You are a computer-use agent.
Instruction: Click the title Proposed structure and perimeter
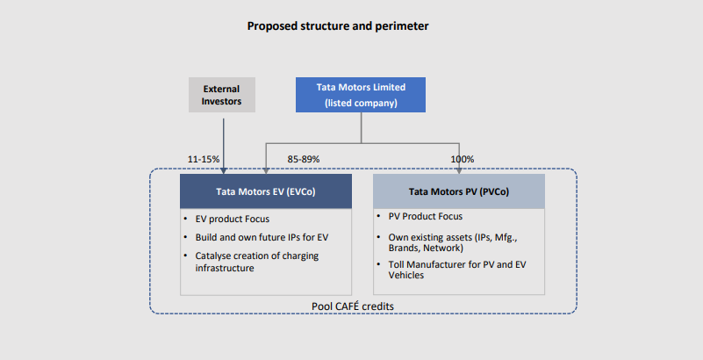click(338, 26)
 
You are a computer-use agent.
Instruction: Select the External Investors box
click(222, 95)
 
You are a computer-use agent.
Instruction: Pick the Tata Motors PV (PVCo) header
click(459, 191)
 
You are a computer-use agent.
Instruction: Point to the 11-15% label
click(204, 159)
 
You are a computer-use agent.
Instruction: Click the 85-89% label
click(304, 159)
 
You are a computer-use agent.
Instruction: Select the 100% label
click(462, 159)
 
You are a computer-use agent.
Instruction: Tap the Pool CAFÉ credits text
click(353, 306)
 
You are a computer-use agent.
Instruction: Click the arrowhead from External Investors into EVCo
click(223, 169)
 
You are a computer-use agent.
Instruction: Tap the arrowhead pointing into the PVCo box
click(459, 169)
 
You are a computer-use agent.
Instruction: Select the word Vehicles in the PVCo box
click(407, 274)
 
